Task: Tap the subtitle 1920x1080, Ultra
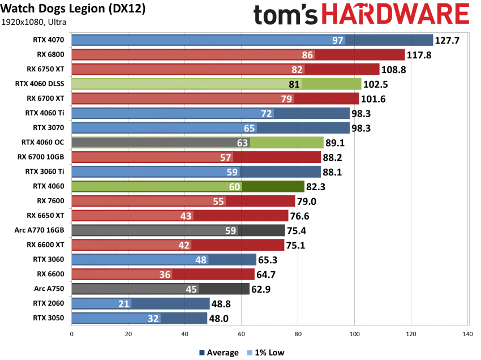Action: point(34,23)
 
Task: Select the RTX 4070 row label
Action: point(50,40)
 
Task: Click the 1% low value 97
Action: point(338,40)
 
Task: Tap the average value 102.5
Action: point(375,84)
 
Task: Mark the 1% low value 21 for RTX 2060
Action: point(124,303)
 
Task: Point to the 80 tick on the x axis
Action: point(298,334)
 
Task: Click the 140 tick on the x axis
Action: point(467,334)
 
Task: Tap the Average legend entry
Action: point(218,353)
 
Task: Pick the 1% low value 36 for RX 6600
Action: point(165,274)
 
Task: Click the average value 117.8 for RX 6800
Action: point(419,55)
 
